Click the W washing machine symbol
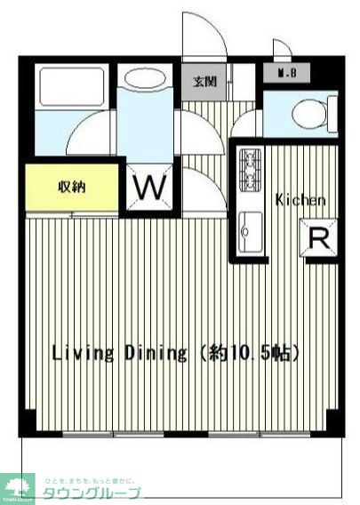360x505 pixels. pyautogui.click(x=151, y=188)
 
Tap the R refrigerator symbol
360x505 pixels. pyautogui.click(x=317, y=238)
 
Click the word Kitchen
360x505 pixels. pyautogui.click(x=300, y=200)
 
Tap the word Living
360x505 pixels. pyautogui.click(x=81, y=354)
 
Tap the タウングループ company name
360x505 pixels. pyautogui.click(x=92, y=493)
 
